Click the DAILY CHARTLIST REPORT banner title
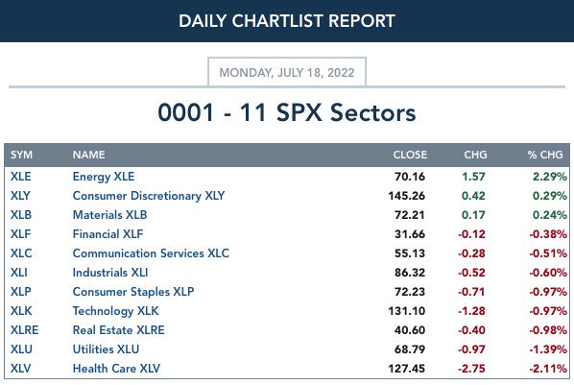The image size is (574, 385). pos(287,21)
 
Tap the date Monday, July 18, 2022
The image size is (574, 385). pos(287,73)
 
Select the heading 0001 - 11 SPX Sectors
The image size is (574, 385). pos(287,112)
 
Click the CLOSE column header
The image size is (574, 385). pos(410,155)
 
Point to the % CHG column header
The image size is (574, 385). pos(545,155)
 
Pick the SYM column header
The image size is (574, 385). pos(22,155)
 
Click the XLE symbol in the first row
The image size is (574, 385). pos(21,177)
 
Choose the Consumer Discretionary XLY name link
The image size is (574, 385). pos(149,196)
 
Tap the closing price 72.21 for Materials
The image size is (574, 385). pos(410,215)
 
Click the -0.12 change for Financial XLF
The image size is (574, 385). pos(471,234)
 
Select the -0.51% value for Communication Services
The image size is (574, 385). pos(548,253)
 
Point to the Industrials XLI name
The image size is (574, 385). pos(110,273)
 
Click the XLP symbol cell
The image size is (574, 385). pos(21,292)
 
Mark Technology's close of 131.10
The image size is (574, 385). pos(407,311)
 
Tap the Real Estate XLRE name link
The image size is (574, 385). pos(119,330)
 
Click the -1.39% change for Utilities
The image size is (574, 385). pos(548,349)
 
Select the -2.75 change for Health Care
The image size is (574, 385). pos(471,369)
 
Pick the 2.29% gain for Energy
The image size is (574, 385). pos(550,177)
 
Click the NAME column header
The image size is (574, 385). pos(89,155)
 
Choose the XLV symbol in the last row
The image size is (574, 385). pos(21,369)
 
